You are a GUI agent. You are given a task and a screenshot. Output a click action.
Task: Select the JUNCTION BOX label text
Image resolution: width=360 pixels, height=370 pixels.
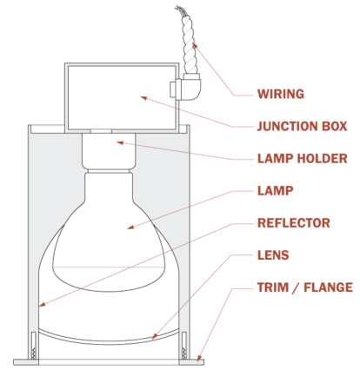[302, 126]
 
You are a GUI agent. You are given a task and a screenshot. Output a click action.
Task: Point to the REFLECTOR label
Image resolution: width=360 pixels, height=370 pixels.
[293, 223]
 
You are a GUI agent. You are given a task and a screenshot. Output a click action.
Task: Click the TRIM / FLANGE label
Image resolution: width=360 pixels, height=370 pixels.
[304, 287]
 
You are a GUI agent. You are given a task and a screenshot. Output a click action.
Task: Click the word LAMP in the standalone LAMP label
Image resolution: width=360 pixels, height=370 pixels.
[275, 189]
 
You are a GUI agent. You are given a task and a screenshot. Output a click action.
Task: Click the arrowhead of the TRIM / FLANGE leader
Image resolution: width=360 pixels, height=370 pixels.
[199, 356]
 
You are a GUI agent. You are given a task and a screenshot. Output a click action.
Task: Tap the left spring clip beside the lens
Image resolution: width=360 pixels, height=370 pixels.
[34, 343]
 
